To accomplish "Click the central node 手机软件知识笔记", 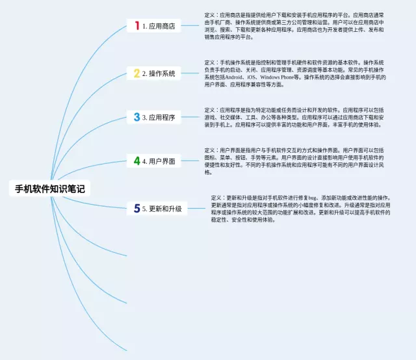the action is (x=50, y=189).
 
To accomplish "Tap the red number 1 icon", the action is (x=136, y=25).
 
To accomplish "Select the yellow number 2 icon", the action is (x=136, y=73).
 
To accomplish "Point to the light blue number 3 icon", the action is (x=136, y=117).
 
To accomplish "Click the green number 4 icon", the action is (x=136, y=161).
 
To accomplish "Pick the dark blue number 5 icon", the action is (x=136, y=209).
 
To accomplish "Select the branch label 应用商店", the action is (x=162, y=26).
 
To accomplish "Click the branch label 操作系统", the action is (x=162, y=74).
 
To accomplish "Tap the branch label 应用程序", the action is (x=162, y=118).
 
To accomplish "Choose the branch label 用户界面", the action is (x=162, y=161).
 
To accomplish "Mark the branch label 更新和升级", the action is (x=166, y=209).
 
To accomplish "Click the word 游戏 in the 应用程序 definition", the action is (x=211, y=118).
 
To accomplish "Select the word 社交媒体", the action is (x=231, y=118).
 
